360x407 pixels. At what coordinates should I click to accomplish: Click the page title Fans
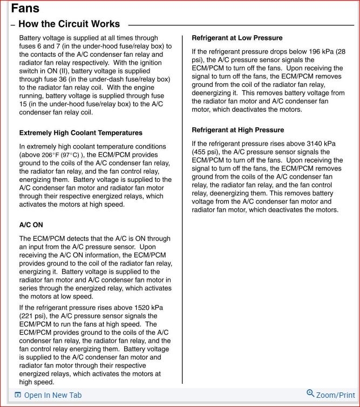[25, 9]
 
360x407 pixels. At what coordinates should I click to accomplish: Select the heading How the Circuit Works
[69, 24]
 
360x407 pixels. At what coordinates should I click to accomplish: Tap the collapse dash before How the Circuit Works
[12, 25]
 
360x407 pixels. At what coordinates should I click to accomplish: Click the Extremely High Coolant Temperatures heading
[80, 133]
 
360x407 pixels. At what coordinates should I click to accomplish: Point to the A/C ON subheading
[31, 225]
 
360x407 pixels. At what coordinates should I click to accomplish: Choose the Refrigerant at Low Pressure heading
[237, 38]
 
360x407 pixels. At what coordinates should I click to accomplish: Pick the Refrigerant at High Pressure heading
[237, 130]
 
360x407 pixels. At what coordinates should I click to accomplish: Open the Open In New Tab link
[53, 395]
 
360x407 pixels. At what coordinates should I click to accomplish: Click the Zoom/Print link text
[336, 395]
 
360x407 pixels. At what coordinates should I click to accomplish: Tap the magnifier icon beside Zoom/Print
[310, 394]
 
